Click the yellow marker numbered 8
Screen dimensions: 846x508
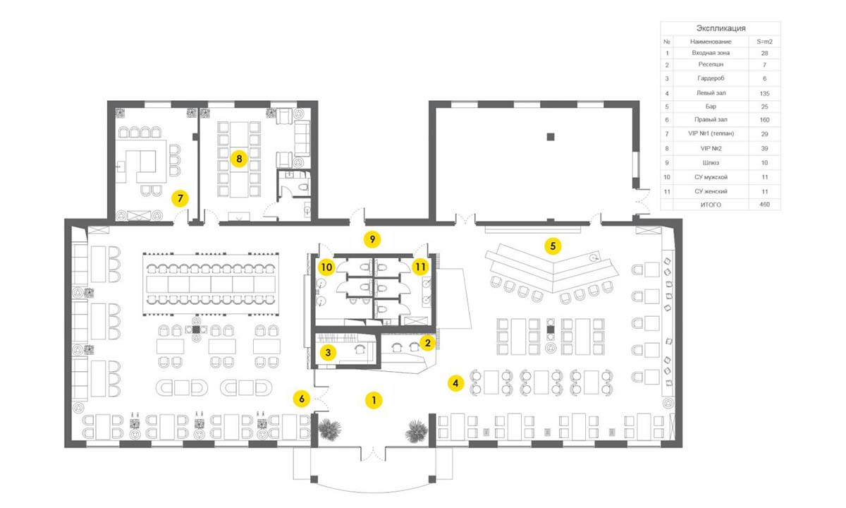pyautogui.click(x=239, y=159)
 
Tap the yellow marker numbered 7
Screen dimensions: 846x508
pyautogui.click(x=180, y=198)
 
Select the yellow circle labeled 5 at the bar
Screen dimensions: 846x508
pyautogui.click(x=553, y=246)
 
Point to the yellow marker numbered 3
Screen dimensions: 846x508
pyautogui.click(x=328, y=353)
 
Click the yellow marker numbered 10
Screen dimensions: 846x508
pyautogui.click(x=326, y=267)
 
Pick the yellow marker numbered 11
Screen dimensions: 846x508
pyautogui.click(x=420, y=267)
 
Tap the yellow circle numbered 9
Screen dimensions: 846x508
pyautogui.click(x=372, y=239)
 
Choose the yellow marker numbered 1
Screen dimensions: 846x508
pyautogui.click(x=374, y=400)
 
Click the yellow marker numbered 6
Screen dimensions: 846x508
pyautogui.click(x=302, y=399)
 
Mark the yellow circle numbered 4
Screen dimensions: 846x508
pyautogui.click(x=456, y=383)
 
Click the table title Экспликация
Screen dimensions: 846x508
pyautogui.click(x=721, y=28)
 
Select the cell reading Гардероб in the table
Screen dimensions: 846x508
pyautogui.click(x=711, y=78)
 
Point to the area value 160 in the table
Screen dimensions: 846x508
pyautogui.click(x=764, y=120)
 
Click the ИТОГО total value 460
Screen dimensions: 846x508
pyautogui.click(x=764, y=205)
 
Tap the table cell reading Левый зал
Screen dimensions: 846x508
pyautogui.click(x=711, y=92)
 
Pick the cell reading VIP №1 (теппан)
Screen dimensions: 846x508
pyautogui.click(x=711, y=133)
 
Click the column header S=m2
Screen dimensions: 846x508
pyautogui.click(x=764, y=42)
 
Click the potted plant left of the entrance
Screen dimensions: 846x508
pyautogui.click(x=330, y=430)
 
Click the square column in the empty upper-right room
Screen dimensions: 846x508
pyautogui.click(x=551, y=137)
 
